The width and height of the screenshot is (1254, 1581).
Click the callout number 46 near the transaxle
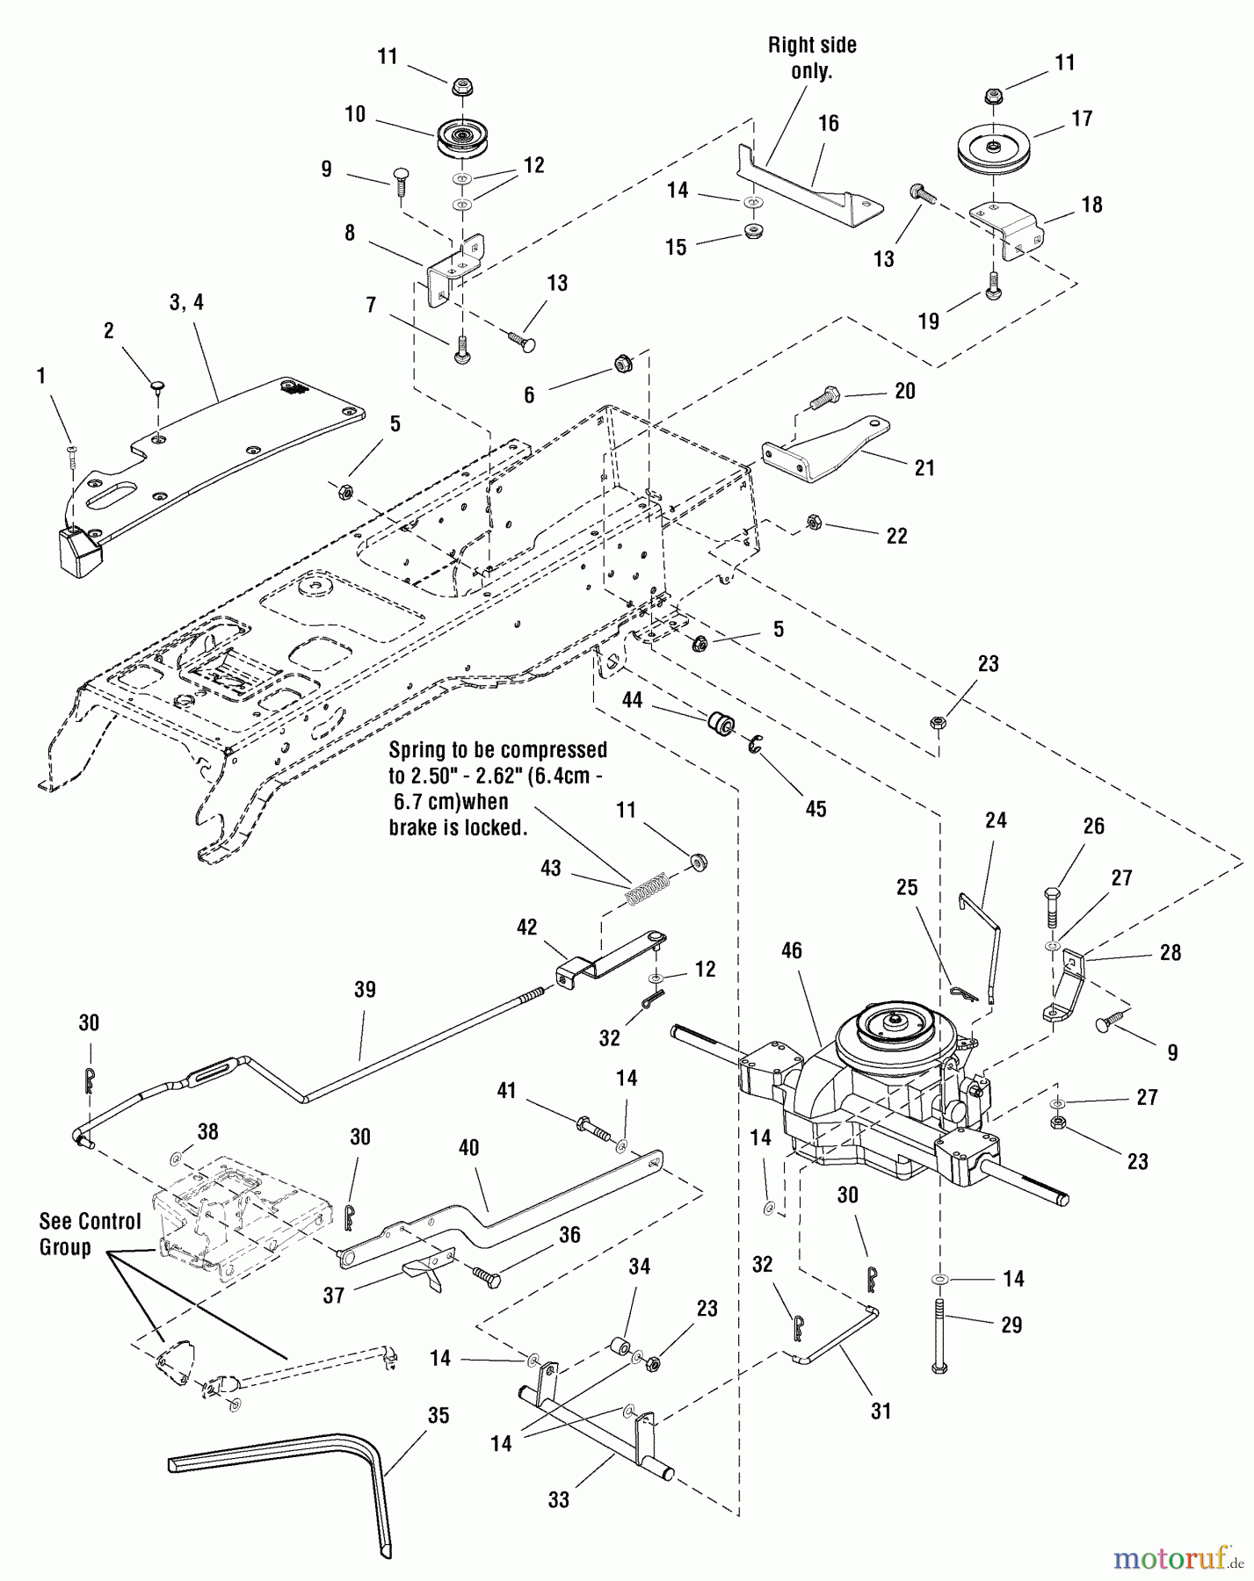[790, 950]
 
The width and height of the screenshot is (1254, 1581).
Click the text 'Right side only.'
[811, 57]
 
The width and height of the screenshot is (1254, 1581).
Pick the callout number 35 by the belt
[438, 1416]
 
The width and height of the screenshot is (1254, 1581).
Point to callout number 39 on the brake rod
[364, 990]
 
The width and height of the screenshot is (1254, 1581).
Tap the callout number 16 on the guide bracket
[829, 123]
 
